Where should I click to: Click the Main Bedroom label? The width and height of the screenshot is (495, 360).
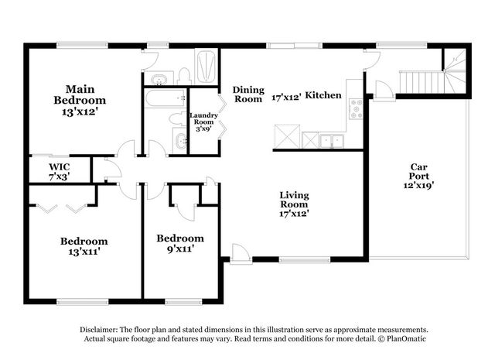click(x=80, y=100)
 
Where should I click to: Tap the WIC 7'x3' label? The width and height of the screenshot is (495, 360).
click(x=60, y=172)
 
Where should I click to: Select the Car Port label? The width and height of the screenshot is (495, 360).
click(x=418, y=176)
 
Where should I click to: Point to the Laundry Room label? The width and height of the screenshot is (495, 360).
click(x=203, y=122)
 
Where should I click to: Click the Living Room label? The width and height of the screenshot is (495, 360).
click(x=294, y=204)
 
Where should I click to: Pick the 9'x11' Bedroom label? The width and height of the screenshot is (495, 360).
click(x=180, y=243)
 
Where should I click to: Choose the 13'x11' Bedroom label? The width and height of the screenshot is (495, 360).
click(x=84, y=246)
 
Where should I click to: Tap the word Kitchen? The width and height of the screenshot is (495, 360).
click(x=323, y=95)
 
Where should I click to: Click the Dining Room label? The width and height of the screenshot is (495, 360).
click(x=248, y=94)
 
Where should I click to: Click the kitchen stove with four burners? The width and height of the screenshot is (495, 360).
click(x=356, y=109)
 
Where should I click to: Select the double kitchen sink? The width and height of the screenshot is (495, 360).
click(x=332, y=141)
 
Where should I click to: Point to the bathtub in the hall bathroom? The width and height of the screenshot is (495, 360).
click(x=166, y=98)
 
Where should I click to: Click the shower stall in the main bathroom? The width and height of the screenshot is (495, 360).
click(x=207, y=67)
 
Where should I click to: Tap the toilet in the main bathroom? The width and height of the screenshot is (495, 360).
click(x=183, y=76)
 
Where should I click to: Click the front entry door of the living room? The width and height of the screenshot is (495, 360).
click(x=241, y=253)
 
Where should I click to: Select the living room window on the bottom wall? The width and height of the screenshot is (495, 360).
click(x=305, y=260)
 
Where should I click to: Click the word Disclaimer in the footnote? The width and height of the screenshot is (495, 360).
click(x=99, y=330)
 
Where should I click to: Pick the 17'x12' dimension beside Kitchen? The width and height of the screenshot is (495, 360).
click(x=286, y=97)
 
